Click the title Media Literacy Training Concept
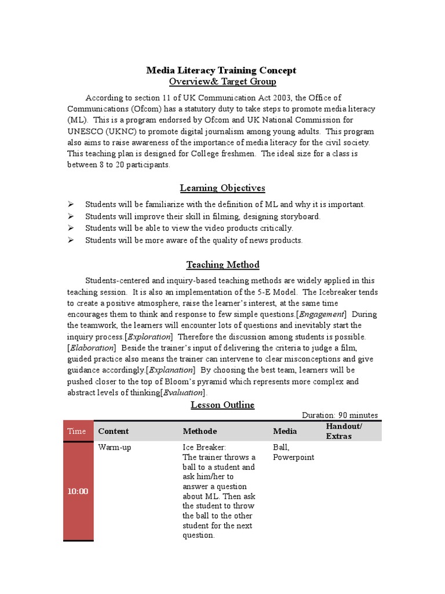pyautogui.click(x=221, y=70)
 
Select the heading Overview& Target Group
pyautogui.click(x=222, y=82)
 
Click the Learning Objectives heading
pyautogui.click(x=222, y=188)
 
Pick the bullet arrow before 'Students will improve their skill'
pyautogui.click(x=70, y=216)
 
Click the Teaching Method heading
pyautogui.click(x=222, y=265)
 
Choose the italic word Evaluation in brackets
pyautogui.click(x=183, y=393)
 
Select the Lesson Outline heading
pyautogui.click(x=222, y=405)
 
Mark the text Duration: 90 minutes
pyautogui.click(x=340, y=415)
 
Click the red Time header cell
pyautogui.click(x=77, y=431)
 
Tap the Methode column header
pyautogui.click(x=200, y=431)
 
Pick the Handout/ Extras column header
pyautogui.click(x=344, y=431)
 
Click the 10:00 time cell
pyautogui.click(x=77, y=491)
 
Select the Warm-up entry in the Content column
pyautogui.click(x=115, y=448)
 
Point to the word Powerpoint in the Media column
pyautogui.click(x=293, y=457)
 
